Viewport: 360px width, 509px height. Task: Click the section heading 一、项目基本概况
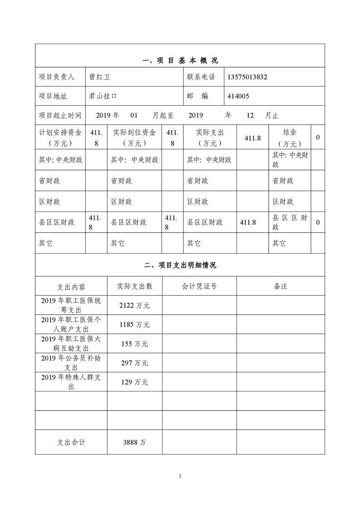pyautogui.click(x=180, y=60)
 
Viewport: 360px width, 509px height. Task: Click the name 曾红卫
pyautogui.click(x=100, y=77)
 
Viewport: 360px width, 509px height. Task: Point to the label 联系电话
pyautogui.click(x=201, y=77)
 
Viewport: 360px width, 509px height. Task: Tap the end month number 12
pyautogui.click(x=250, y=116)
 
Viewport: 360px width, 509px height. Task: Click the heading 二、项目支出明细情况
pyautogui.click(x=180, y=265)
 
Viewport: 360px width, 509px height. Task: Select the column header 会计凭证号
pyautogui.click(x=199, y=286)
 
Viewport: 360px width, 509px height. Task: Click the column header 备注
pyautogui.click(x=281, y=286)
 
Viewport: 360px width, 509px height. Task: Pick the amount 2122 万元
pyautogui.click(x=134, y=306)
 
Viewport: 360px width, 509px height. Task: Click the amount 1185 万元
pyautogui.click(x=134, y=325)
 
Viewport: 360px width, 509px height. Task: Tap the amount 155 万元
pyautogui.click(x=134, y=344)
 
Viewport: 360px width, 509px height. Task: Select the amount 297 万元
pyautogui.click(x=134, y=363)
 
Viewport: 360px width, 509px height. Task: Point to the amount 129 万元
pyautogui.click(x=134, y=382)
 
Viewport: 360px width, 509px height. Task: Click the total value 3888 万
pyautogui.click(x=134, y=442)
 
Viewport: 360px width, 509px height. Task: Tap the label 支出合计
pyautogui.click(x=71, y=442)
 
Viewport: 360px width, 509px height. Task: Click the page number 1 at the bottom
pyautogui.click(x=180, y=476)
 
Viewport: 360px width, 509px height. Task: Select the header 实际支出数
pyautogui.click(x=134, y=286)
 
